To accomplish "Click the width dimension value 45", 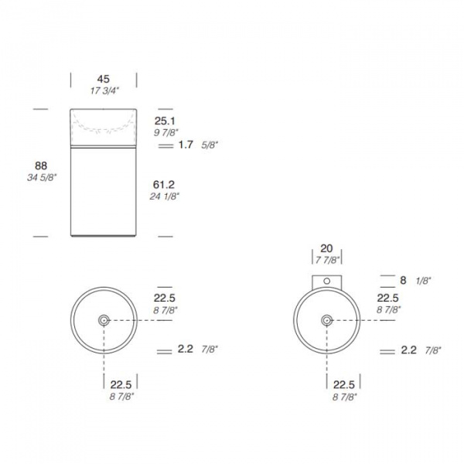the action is point(104,79).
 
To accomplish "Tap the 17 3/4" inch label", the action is point(104,90).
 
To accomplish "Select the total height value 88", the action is point(41,165).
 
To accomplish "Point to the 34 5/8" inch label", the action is point(42,178).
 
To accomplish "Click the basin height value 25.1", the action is point(165,121).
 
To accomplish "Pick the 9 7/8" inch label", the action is point(166,132).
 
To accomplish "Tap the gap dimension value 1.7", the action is point(186,145).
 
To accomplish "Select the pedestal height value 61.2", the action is point(164,185).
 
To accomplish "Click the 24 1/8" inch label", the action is point(165,196).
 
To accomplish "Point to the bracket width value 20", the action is point(326,248).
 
